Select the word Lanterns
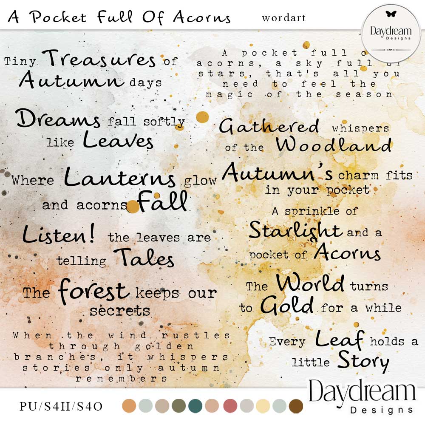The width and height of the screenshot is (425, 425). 120,177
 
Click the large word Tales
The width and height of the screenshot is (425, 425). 144,257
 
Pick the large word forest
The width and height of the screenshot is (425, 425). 94,290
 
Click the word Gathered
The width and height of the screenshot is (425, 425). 269,126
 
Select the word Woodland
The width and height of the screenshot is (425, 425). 333,145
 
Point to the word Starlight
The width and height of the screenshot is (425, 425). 295,230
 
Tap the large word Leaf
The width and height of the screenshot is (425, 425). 340,339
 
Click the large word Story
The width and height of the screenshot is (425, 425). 363,361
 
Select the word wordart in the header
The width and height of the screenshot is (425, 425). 284,18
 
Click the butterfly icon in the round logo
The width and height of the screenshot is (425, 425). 391,14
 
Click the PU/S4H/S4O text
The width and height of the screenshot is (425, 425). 61,406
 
